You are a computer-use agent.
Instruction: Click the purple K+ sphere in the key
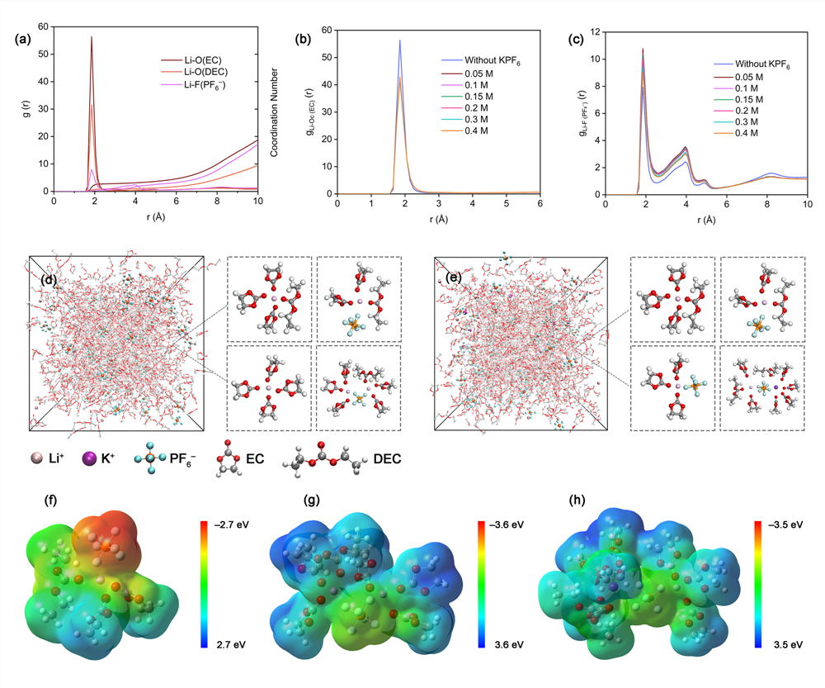coord(88,458)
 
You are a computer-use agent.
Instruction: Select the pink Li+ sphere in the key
coord(36,458)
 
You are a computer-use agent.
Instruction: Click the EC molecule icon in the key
coord(225,458)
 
